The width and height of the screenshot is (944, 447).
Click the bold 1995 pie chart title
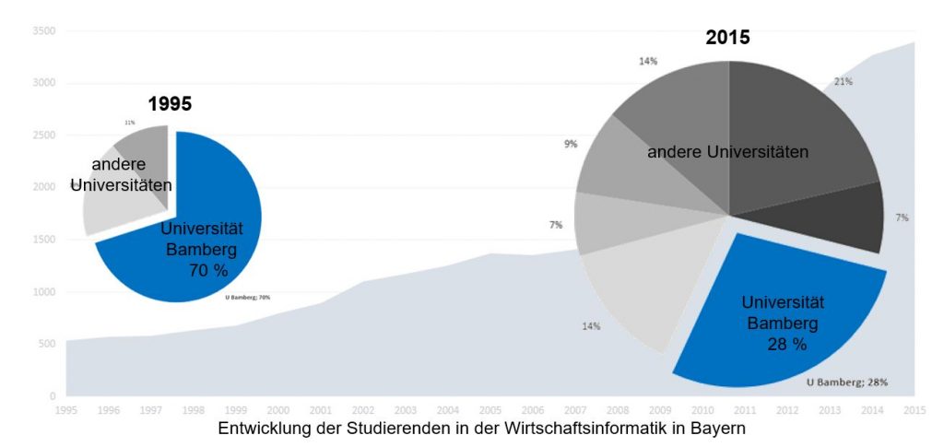coord(170,104)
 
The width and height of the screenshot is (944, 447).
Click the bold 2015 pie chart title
coord(728,38)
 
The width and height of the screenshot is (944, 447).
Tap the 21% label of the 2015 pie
coord(843,81)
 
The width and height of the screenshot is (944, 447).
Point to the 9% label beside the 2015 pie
coord(571,144)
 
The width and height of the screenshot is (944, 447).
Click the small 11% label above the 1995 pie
coord(130,123)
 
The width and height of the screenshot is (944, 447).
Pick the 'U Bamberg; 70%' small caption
coord(248,298)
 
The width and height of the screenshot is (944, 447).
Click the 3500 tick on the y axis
coord(44,31)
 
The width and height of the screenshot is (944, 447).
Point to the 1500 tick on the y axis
coord(44,240)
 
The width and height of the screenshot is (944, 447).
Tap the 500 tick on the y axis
coord(47,344)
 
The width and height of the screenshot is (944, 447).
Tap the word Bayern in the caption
coord(718,429)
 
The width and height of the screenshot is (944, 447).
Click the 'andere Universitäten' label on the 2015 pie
coord(727,152)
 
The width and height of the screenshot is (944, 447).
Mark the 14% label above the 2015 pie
coord(648,62)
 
